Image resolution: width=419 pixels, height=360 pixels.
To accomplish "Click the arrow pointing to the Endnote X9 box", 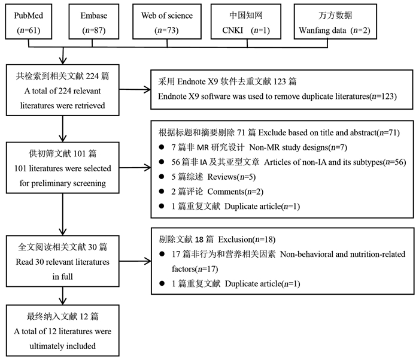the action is point(135,90).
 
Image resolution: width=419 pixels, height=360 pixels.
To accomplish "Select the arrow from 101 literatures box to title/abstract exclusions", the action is point(135,168).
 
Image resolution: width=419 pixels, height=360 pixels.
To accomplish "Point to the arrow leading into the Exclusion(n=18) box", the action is point(135,261).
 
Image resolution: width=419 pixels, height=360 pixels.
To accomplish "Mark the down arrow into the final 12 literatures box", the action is point(62,296).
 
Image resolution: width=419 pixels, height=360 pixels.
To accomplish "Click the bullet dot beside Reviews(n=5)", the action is point(162,177).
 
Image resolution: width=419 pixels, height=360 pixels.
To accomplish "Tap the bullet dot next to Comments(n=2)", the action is point(162,191).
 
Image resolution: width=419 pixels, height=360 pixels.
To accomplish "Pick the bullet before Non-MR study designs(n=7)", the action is point(162,147).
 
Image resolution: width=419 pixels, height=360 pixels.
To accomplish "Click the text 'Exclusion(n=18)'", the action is point(247,240).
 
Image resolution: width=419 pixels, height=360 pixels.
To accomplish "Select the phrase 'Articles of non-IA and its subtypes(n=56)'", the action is point(335,162).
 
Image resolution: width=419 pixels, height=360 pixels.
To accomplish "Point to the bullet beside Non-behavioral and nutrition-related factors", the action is point(162,254).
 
